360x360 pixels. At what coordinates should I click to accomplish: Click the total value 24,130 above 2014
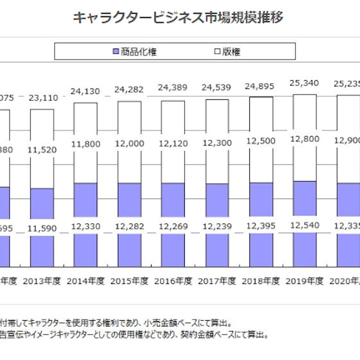(85, 91)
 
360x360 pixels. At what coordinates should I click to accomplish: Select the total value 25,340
(305, 83)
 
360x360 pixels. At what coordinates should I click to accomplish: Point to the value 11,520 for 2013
(41, 149)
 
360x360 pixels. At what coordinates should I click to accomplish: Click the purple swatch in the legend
(115, 51)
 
